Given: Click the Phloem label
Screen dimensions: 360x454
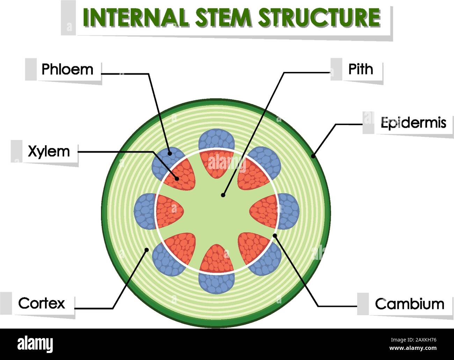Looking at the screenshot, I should pyautogui.click(x=67, y=69).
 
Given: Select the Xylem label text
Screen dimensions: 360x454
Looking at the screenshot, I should pyautogui.click(x=49, y=152).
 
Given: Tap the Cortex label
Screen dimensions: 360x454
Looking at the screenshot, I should pyautogui.click(x=42, y=303).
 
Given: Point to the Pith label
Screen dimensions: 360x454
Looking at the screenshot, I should pyautogui.click(x=360, y=69).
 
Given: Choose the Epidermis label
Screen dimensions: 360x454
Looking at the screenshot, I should pyautogui.click(x=413, y=123).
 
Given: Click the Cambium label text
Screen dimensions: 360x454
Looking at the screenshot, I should pyautogui.click(x=409, y=304).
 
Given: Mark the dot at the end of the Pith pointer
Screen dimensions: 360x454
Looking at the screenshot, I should pyautogui.click(x=223, y=196).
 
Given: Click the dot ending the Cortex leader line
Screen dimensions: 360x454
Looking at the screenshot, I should pyautogui.click(x=147, y=249).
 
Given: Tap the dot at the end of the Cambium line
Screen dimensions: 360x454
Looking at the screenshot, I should pyautogui.click(x=275, y=235).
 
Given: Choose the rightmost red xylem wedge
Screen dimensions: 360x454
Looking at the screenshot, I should pyautogui.click(x=264, y=211).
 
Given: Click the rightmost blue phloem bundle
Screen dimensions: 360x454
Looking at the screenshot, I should pyautogui.click(x=289, y=211).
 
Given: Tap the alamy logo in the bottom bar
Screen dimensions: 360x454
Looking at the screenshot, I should pyautogui.click(x=35, y=344).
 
